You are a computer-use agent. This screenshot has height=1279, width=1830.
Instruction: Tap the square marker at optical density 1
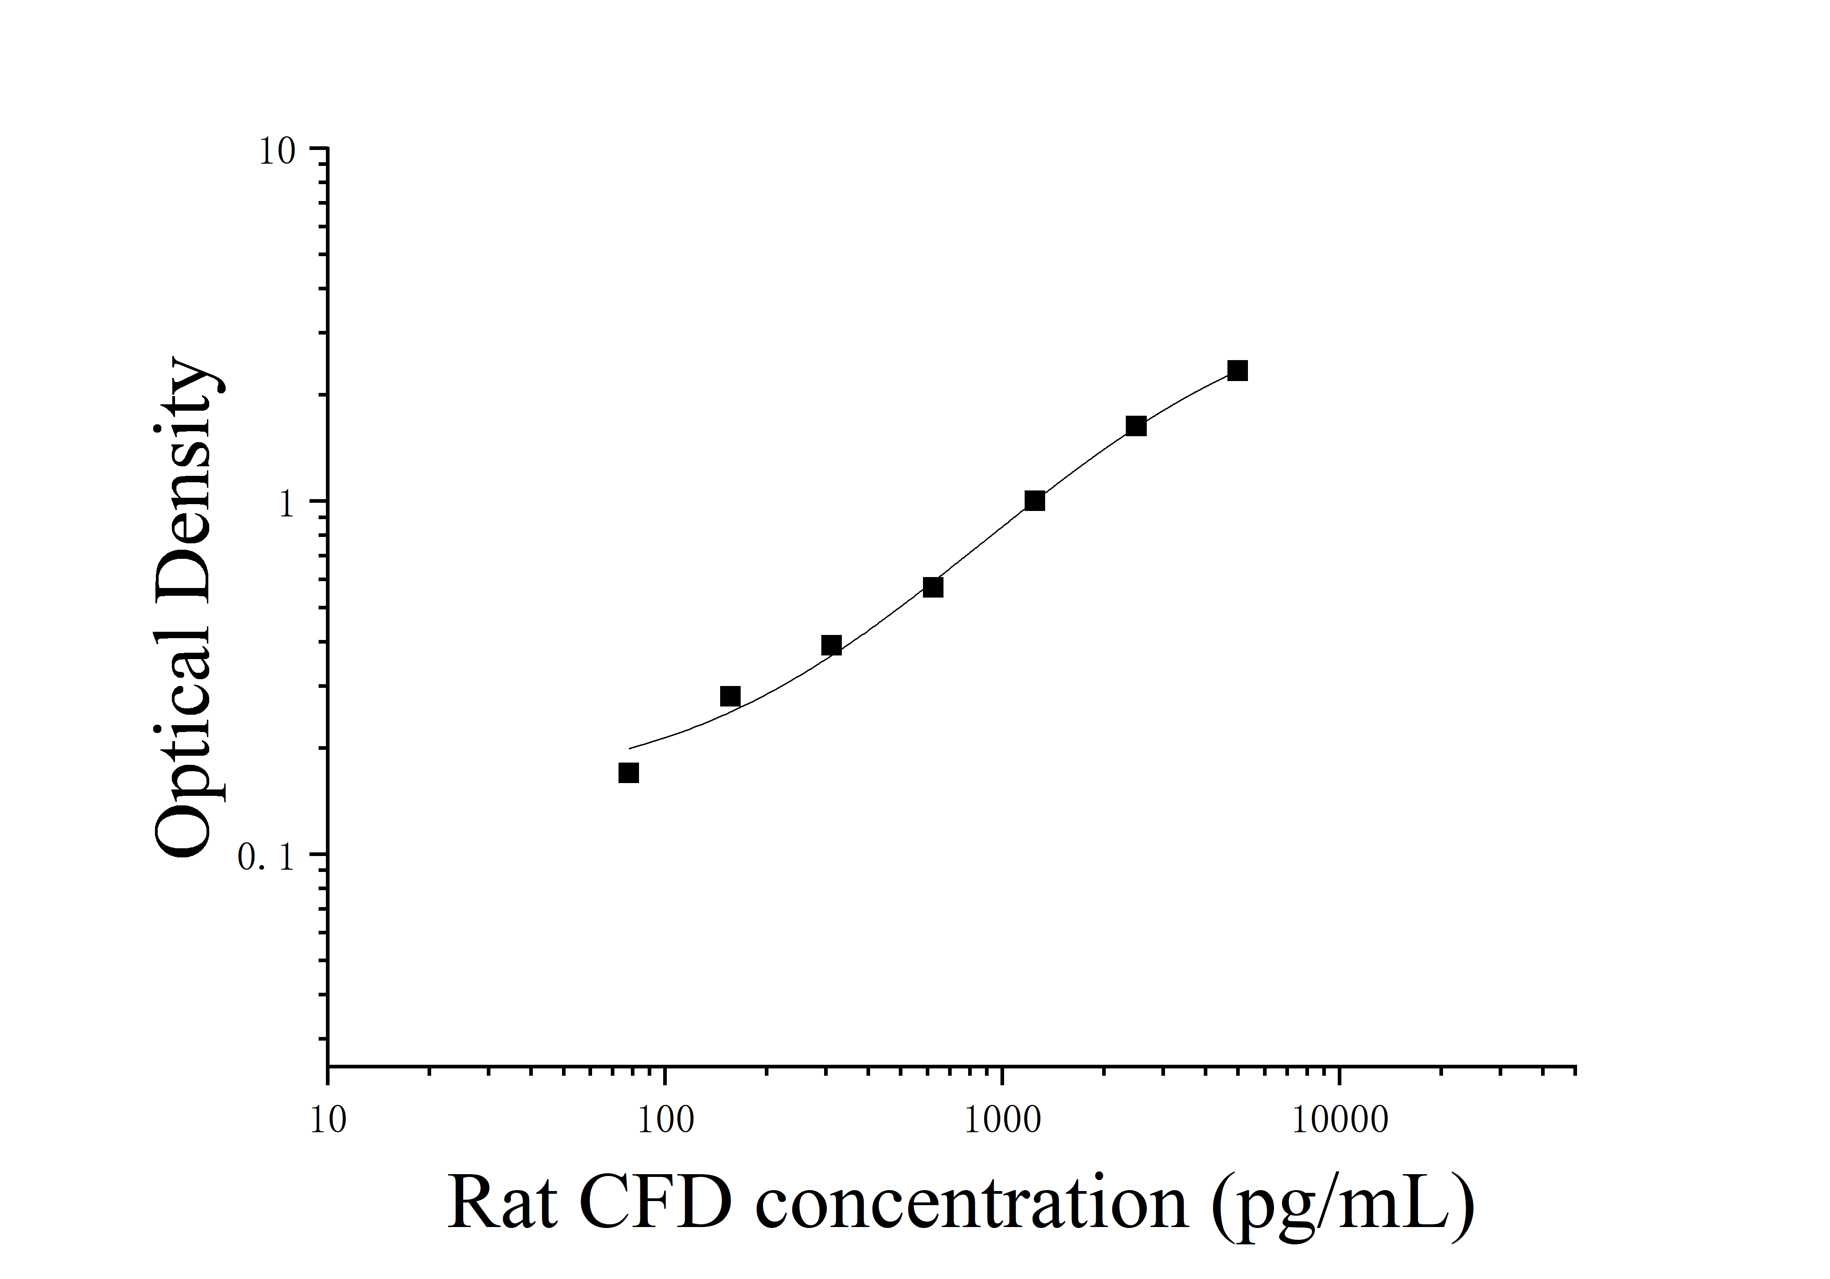(1035, 500)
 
